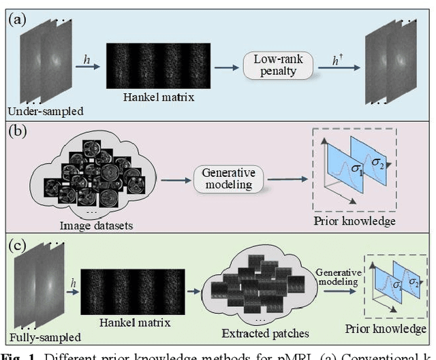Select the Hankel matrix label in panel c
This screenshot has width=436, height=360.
pyautogui.click(x=134, y=323)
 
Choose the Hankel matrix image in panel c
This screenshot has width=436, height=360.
pyautogui.click(x=134, y=291)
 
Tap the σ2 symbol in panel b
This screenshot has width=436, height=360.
pyautogui.click(x=377, y=161)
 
